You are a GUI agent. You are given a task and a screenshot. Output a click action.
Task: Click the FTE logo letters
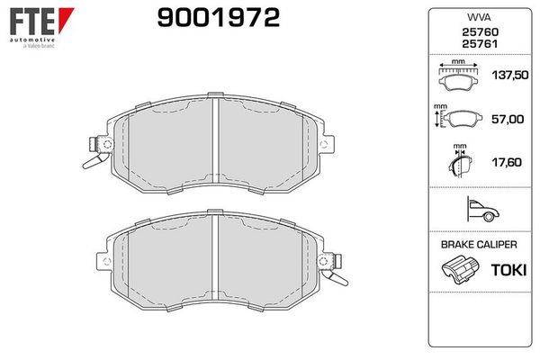click(32, 22)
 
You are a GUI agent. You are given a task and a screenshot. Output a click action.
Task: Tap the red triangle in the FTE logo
click(65, 18)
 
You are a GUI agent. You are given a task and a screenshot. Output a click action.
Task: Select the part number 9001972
click(219, 18)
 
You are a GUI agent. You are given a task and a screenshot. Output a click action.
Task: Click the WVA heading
click(479, 17)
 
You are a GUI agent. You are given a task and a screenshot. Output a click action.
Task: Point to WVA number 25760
click(480, 32)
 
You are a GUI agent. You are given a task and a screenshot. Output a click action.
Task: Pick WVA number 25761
click(480, 44)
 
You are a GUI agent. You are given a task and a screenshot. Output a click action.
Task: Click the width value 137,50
click(510, 75)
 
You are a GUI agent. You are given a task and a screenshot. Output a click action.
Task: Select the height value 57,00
click(508, 119)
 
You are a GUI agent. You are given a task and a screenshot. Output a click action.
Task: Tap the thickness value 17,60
click(507, 162)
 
